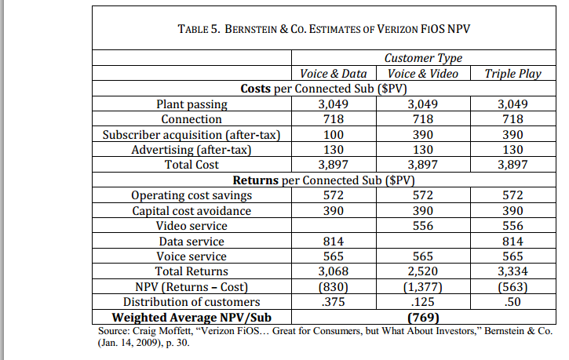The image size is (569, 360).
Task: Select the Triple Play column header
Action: (512, 74)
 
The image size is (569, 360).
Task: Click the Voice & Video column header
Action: (423, 74)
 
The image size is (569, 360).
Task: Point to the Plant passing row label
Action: (191, 104)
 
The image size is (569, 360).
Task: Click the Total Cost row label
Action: (191, 165)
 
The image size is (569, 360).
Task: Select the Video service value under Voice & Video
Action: (423, 226)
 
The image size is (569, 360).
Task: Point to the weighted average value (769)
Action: (423, 318)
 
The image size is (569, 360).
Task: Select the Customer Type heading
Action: (423, 58)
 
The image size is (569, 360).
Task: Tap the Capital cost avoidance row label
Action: (191, 211)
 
